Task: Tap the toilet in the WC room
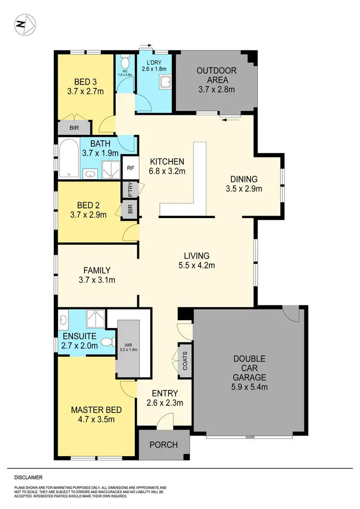tap(125, 62)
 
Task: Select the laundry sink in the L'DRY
tap(165, 83)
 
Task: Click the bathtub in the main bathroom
tap(69, 158)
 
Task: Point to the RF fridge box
tap(130, 168)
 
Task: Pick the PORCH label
tap(164, 445)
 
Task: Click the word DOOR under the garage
tap(249, 437)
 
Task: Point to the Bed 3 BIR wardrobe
tap(74, 128)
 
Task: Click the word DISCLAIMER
tap(28, 478)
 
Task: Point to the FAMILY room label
tap(96, 270)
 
